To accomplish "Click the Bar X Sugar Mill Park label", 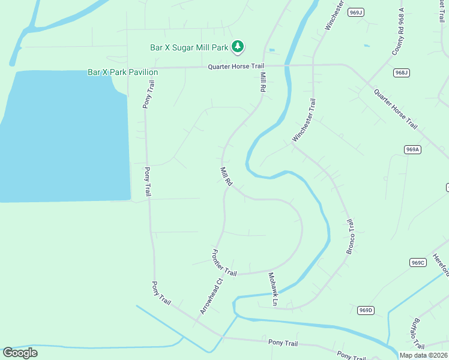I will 190,46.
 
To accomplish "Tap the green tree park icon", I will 238,46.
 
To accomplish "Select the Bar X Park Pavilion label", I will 122,72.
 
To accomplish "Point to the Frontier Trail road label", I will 225,262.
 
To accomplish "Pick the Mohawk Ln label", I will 272,290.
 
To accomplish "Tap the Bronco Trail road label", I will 351,236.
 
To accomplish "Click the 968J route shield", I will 402,73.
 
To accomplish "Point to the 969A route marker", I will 412,149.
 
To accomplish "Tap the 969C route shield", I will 418,262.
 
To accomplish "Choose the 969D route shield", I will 366,310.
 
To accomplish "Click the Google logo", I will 20,353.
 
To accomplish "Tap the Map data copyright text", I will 423,355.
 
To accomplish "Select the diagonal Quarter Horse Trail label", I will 395,109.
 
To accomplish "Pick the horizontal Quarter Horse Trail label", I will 236,67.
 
